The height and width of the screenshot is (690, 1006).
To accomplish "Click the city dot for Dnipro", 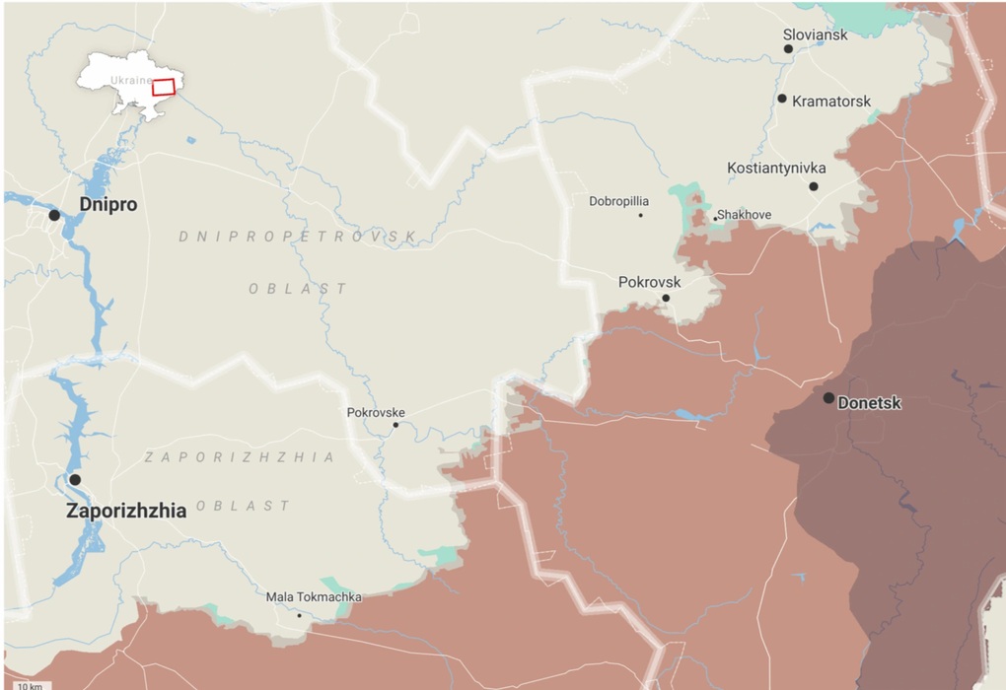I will point(54,215).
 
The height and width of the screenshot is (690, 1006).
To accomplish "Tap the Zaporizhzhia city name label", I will point(126,512).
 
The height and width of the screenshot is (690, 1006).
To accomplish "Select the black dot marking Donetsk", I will point(828,398).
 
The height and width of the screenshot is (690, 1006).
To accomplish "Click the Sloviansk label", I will point(815,34).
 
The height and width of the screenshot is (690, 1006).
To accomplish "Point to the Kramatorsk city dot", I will point(781,99).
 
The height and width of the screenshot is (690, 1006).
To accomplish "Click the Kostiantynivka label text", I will point(776,169).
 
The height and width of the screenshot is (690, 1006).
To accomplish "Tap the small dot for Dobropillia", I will point(640,215).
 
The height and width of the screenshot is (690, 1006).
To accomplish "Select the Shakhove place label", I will point(745,215).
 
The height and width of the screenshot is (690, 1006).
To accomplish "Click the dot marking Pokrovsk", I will point(666,298).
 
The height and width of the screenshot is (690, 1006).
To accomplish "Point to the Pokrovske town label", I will point(376,413).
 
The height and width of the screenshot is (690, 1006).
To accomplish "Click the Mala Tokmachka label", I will point(314,597).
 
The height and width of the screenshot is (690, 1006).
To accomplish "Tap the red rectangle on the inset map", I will point(163,87).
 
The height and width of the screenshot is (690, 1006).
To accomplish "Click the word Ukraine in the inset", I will point(131,80).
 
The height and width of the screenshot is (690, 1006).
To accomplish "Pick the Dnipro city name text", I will point(108,205).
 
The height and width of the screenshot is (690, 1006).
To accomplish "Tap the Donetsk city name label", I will point(872,403).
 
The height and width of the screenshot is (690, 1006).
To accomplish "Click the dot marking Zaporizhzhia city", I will point(75,480).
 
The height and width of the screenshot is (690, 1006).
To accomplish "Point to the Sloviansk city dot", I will point(788,48).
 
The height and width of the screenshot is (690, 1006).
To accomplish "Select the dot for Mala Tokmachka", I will point(300,615).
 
